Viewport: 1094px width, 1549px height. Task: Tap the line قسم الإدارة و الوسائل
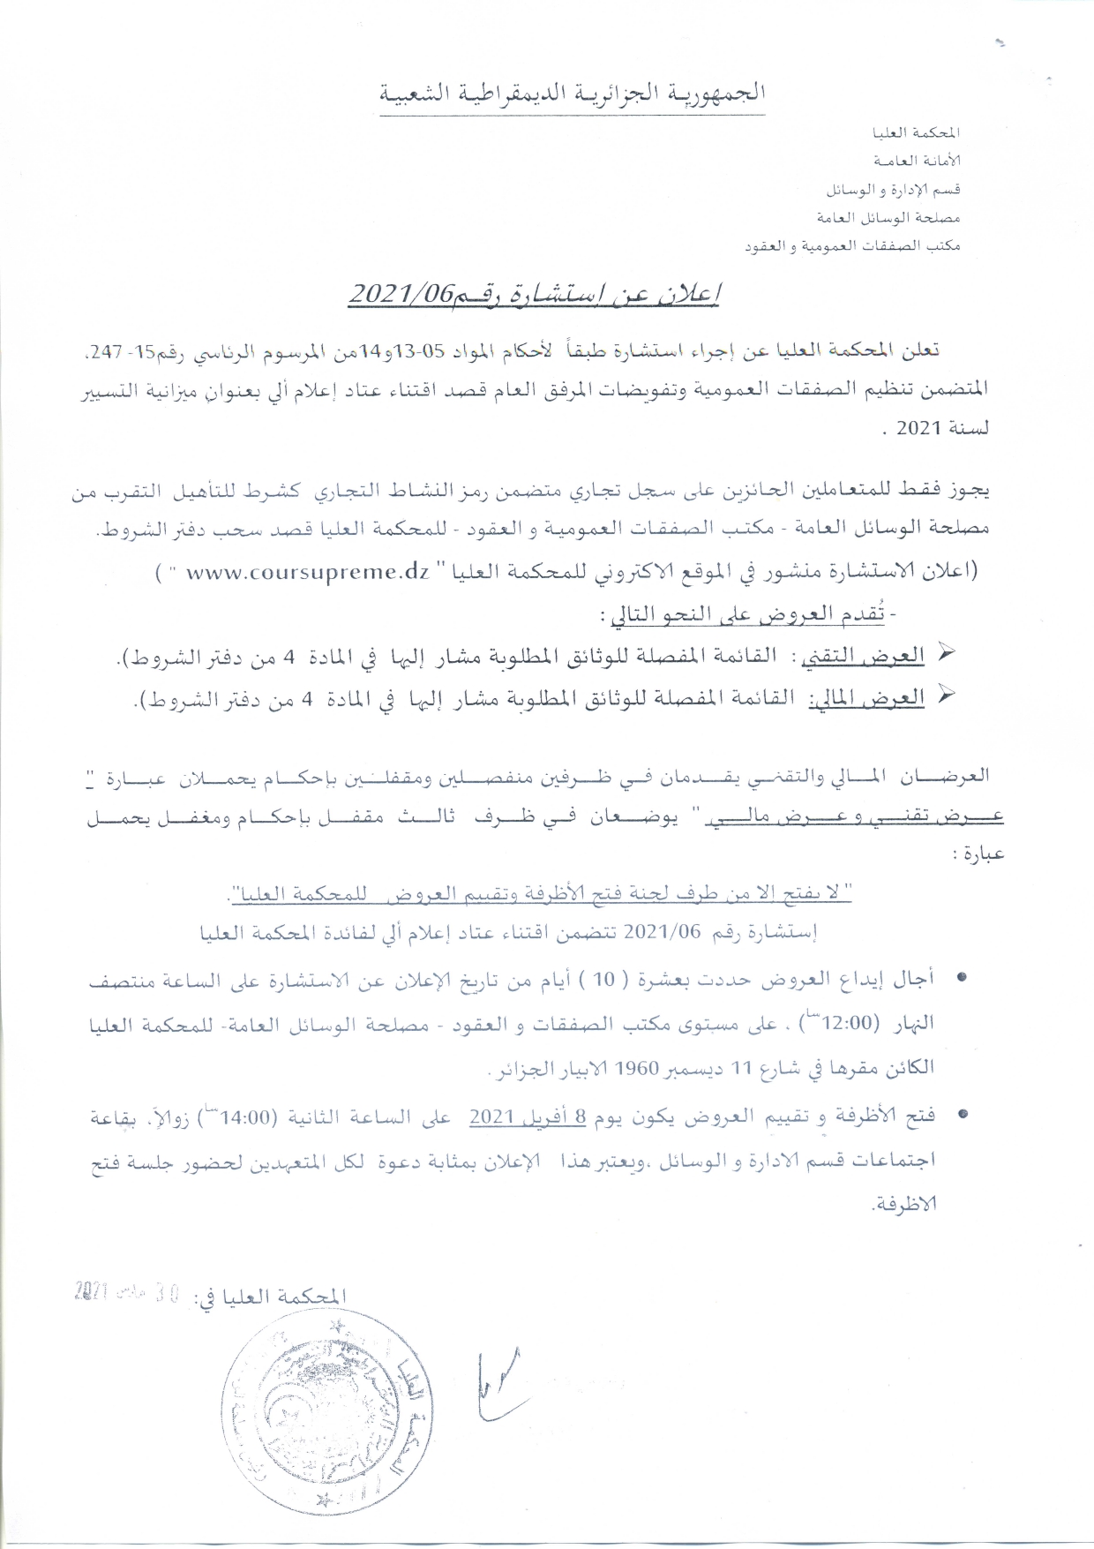[x=892, y=190]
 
